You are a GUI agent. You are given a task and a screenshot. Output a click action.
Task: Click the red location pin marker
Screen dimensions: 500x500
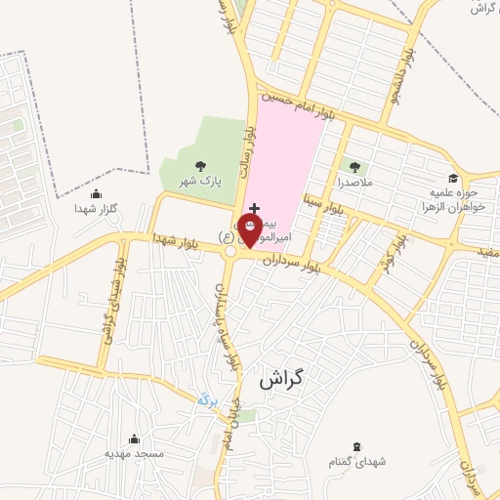pyautogui.click(x=249, y=228)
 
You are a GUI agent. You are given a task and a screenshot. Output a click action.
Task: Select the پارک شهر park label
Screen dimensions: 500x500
pyautogui.click(x=199, y=182)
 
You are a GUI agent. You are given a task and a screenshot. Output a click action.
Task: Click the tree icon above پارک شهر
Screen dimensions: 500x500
pyautogui.click(x=200, y=166)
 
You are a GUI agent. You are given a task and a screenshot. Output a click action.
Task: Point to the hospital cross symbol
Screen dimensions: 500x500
pyautogui.click(x=255, y=208)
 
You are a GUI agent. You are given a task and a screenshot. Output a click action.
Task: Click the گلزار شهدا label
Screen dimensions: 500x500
pyautogui.click(x=96, y=209)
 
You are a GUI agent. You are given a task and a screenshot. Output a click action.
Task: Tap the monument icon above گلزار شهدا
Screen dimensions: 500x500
pyautogui.click(x=96, y=193)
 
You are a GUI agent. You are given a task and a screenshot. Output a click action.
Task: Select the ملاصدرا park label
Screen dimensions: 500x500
pyautogui.click(x=354, y=183)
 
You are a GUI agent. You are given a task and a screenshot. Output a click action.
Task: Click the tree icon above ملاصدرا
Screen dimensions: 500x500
pyautogui.click(x=354, y=167)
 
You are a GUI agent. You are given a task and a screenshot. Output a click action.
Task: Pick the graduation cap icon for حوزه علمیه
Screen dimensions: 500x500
pyautogui.click(x=453, y=178)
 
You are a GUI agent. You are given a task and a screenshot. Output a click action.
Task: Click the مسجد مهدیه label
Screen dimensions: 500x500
pyautogui.click(x=136, y=454)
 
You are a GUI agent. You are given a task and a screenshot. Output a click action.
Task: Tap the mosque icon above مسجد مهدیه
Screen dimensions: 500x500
pyautogui.click(x=135, y=438)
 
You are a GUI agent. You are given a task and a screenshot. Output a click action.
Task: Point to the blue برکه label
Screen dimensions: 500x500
pyautogui.click(x=206, y=398)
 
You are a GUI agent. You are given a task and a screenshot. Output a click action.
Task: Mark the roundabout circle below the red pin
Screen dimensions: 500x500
pyautogui.click(x=231, y=251)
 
